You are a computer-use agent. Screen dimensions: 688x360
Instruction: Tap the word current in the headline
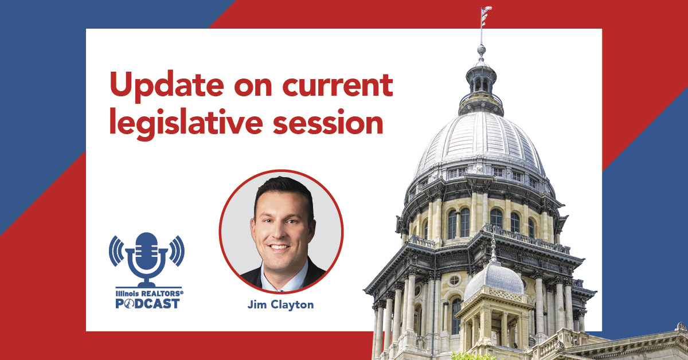338,85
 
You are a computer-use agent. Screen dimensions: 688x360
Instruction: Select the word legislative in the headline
186,123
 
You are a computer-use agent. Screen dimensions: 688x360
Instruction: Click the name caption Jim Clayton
281,305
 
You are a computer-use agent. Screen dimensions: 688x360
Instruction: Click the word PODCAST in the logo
148,303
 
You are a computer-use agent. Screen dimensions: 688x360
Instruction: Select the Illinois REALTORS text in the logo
150,294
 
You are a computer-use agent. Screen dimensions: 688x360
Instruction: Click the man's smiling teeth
279,246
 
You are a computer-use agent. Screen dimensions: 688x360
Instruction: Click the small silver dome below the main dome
494,280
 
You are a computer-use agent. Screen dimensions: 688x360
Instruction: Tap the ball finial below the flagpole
481,49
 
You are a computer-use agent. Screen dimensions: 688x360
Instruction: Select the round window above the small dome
454,280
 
